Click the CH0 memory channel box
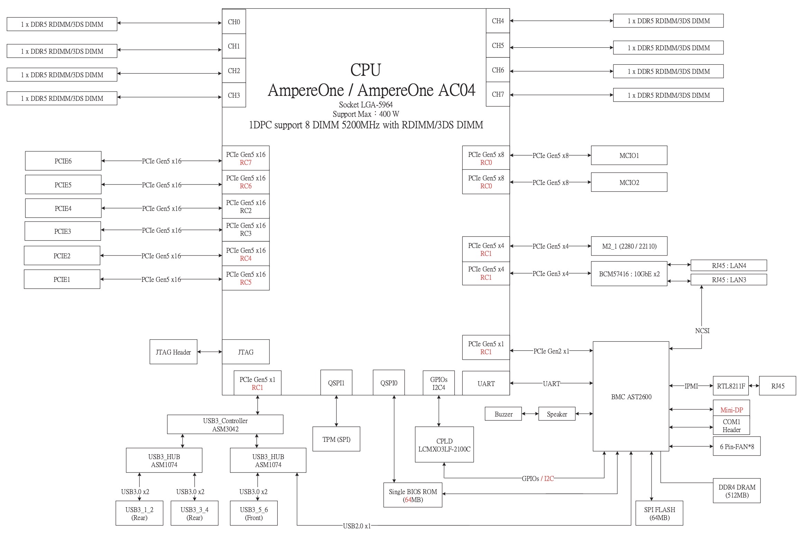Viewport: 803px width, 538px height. click(234, 22)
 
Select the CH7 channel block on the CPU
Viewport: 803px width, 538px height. click(498, 94)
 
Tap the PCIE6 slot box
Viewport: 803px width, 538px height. click(63, 161)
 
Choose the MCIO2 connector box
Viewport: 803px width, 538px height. click(629, 182)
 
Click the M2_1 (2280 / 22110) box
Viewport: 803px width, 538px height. click(629, 246)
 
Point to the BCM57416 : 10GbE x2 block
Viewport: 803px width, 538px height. click(629, 274)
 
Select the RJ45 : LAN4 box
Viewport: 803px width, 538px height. click(728, 266)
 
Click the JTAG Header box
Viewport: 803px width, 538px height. click(173, 352)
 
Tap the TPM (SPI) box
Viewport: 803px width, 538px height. click(336, 439)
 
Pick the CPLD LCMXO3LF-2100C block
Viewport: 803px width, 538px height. click(444, 445)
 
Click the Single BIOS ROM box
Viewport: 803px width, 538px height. click(413, 495)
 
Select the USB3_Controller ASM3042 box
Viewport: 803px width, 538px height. click(225, 425)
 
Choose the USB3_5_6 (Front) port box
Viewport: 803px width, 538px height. click(253, 513)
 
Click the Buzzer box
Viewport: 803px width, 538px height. click(503, 414)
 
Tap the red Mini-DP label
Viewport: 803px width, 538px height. click(731, 410)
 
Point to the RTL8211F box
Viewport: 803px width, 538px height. click(730, 386)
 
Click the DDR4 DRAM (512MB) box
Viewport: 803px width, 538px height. click(737, 491)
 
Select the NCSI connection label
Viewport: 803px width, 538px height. click(702, 331)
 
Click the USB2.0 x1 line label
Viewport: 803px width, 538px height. click(357, 526)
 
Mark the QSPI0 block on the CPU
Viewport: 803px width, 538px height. click(389, 383)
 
